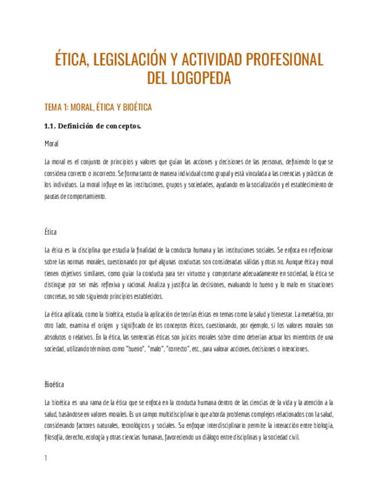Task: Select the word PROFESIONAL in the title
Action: (285, 61)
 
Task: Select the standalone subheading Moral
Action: (51, 143)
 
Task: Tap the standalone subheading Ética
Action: (50, 232)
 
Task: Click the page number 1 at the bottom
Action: (46, 459)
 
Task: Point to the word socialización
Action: (263, 185)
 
